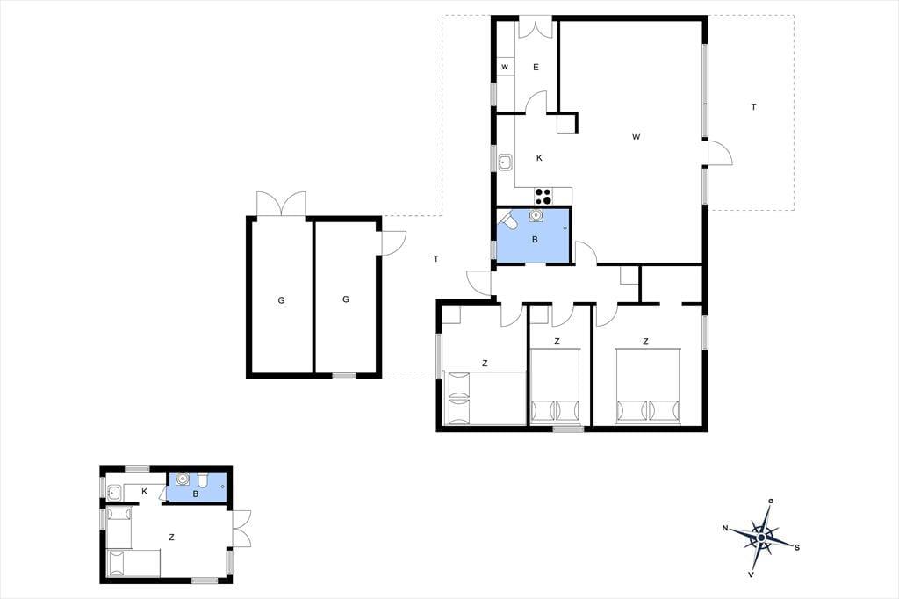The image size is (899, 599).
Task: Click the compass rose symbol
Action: pos(761,538)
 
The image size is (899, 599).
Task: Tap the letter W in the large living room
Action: pos(636,136)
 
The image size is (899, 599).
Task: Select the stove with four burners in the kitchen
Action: pos(543,196)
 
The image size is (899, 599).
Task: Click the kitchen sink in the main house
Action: pos(506,162)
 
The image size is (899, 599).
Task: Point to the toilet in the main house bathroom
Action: pos(508,220)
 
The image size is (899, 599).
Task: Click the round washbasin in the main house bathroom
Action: pos(536,215)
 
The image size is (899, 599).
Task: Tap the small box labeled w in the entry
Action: pos(505,67)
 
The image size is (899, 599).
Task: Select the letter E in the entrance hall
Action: pos(536,67)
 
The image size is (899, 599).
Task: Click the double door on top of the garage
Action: pos(281,204)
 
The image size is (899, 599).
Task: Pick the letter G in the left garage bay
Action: pos(281,300)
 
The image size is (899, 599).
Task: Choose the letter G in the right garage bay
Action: pos(346,299)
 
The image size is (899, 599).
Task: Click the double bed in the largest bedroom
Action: pos(648,386)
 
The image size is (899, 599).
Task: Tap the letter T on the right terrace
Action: pos(753,107)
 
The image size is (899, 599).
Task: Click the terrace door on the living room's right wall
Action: pos(720,153)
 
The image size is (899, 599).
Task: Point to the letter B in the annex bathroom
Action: pos(196,494)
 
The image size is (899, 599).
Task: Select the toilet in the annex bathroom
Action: pos(203,480)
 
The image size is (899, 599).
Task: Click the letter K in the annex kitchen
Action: pos(145,492)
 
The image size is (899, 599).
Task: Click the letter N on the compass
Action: pos(725,529)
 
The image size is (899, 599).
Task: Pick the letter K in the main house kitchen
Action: pos(539,158)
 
